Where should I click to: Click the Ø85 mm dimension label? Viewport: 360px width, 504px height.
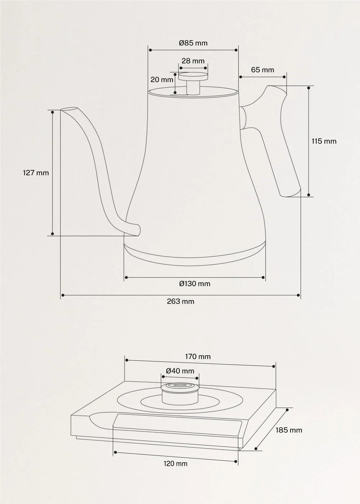point(193,43)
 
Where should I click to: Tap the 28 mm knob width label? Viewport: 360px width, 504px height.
point(193,61)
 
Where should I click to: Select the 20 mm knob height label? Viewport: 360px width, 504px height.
point(162,80)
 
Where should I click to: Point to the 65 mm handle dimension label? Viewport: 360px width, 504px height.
point(262,70)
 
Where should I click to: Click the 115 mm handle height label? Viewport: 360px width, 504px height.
point(324,141)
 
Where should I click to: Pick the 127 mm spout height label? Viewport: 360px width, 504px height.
point(36,173)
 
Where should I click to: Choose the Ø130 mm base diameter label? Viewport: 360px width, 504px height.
point(194,284)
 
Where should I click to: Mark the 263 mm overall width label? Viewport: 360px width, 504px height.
point(180,301)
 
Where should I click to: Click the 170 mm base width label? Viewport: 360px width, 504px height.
point(198,357)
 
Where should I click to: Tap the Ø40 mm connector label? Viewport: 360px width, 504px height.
point(180,371)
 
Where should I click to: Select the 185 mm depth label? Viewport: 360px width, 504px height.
point(289,430)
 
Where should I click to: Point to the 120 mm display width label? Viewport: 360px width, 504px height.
point(175,464)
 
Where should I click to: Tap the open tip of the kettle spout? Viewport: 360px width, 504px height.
point(68,109)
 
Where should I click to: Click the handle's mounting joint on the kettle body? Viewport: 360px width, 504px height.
point(243,118)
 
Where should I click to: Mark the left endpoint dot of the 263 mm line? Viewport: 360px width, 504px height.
point(63,295)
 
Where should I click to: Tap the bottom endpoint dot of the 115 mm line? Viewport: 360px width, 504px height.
point(309,195)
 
